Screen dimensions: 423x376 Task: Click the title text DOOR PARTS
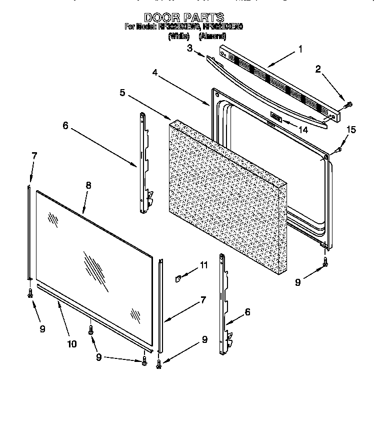tap(183, 18)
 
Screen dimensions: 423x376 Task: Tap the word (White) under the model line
tap(178, 36)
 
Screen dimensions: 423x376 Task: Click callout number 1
tap(300, 49)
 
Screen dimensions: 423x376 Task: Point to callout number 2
tap(318, 70)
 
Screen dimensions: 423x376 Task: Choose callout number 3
tap(189, 48)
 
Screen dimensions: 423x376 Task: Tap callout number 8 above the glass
tap(88, 185)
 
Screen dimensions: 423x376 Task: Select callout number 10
tap(71, 343)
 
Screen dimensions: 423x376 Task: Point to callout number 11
tap(203, 265)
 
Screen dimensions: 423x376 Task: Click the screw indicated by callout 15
tap(338, 149)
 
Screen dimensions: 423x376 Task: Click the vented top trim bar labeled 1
tap(280, 83)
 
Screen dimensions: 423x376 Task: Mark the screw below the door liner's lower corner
tap(325, 261)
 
